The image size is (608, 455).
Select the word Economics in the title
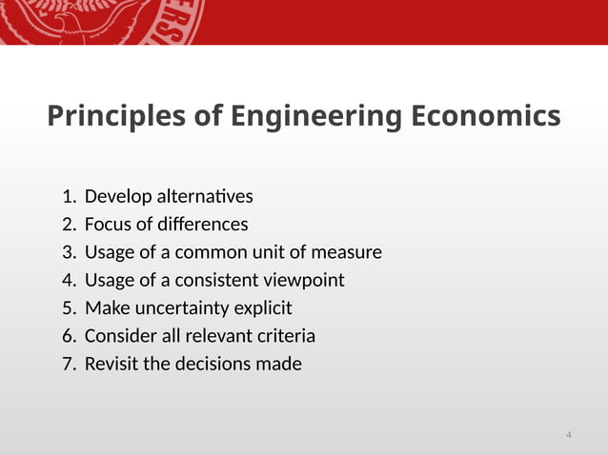(485, 117)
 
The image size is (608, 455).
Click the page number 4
(569, 436)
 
